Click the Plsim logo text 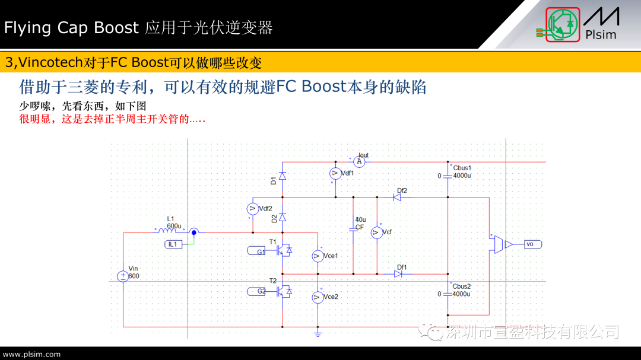(601, 34)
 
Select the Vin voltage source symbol (122, 276)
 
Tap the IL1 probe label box (173, 244)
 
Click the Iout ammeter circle (358, 161)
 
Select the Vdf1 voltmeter (335, 173)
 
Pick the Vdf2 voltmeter (252, 209)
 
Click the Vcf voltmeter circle (377, 232)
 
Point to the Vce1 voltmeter (318, 256)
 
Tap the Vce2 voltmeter (318, 297)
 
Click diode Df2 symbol (397, 197)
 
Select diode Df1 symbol (398, 274)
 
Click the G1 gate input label (259, 251)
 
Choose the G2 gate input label (259, 291)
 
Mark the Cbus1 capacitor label (462, 168)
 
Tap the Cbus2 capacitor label (462, 286)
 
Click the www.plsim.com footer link (32, 354)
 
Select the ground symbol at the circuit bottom (318, 334)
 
